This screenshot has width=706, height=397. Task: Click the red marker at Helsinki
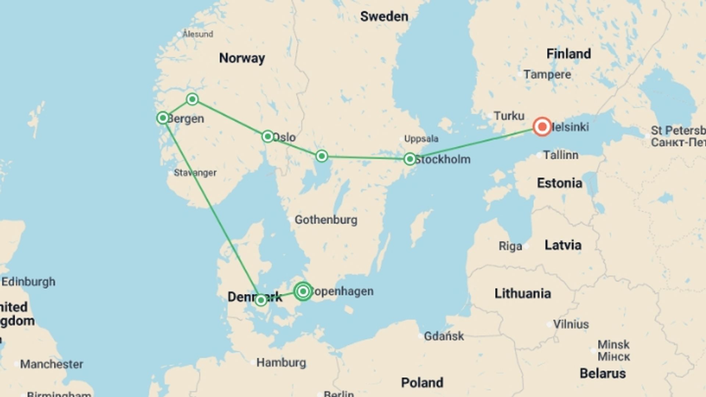(x=542, y=127)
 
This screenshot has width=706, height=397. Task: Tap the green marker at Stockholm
(x=410, y=159)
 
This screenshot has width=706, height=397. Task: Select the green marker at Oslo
(x=268, y=136)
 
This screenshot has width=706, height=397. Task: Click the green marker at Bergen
(x=163, y=118)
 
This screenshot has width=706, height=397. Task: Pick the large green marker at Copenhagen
(x=303, y=291)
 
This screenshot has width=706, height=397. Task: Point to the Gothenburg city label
(x=326, y=220)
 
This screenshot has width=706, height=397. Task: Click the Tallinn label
(x=560, y=155)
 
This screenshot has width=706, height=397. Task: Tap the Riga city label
(x=510, y=246)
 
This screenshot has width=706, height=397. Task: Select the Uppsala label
(x=421, y=139)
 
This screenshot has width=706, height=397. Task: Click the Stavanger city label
(x=195, y=172)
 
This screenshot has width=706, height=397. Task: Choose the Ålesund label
(x=198, y=34)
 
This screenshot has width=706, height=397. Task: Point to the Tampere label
(x=547, y=75)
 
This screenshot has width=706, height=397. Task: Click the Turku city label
(x=509, y=116)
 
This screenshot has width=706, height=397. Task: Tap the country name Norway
(x=242, y=58)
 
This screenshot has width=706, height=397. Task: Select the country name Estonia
(x=559, y=183)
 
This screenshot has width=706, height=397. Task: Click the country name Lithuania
(x=523, y=293)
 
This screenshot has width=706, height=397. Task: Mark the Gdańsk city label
(x=444, y=336)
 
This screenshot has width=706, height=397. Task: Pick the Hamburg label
(x=281, y=363)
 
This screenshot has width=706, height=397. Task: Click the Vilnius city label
(x=571, y=324)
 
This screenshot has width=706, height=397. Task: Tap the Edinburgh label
(x=28, y=282)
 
